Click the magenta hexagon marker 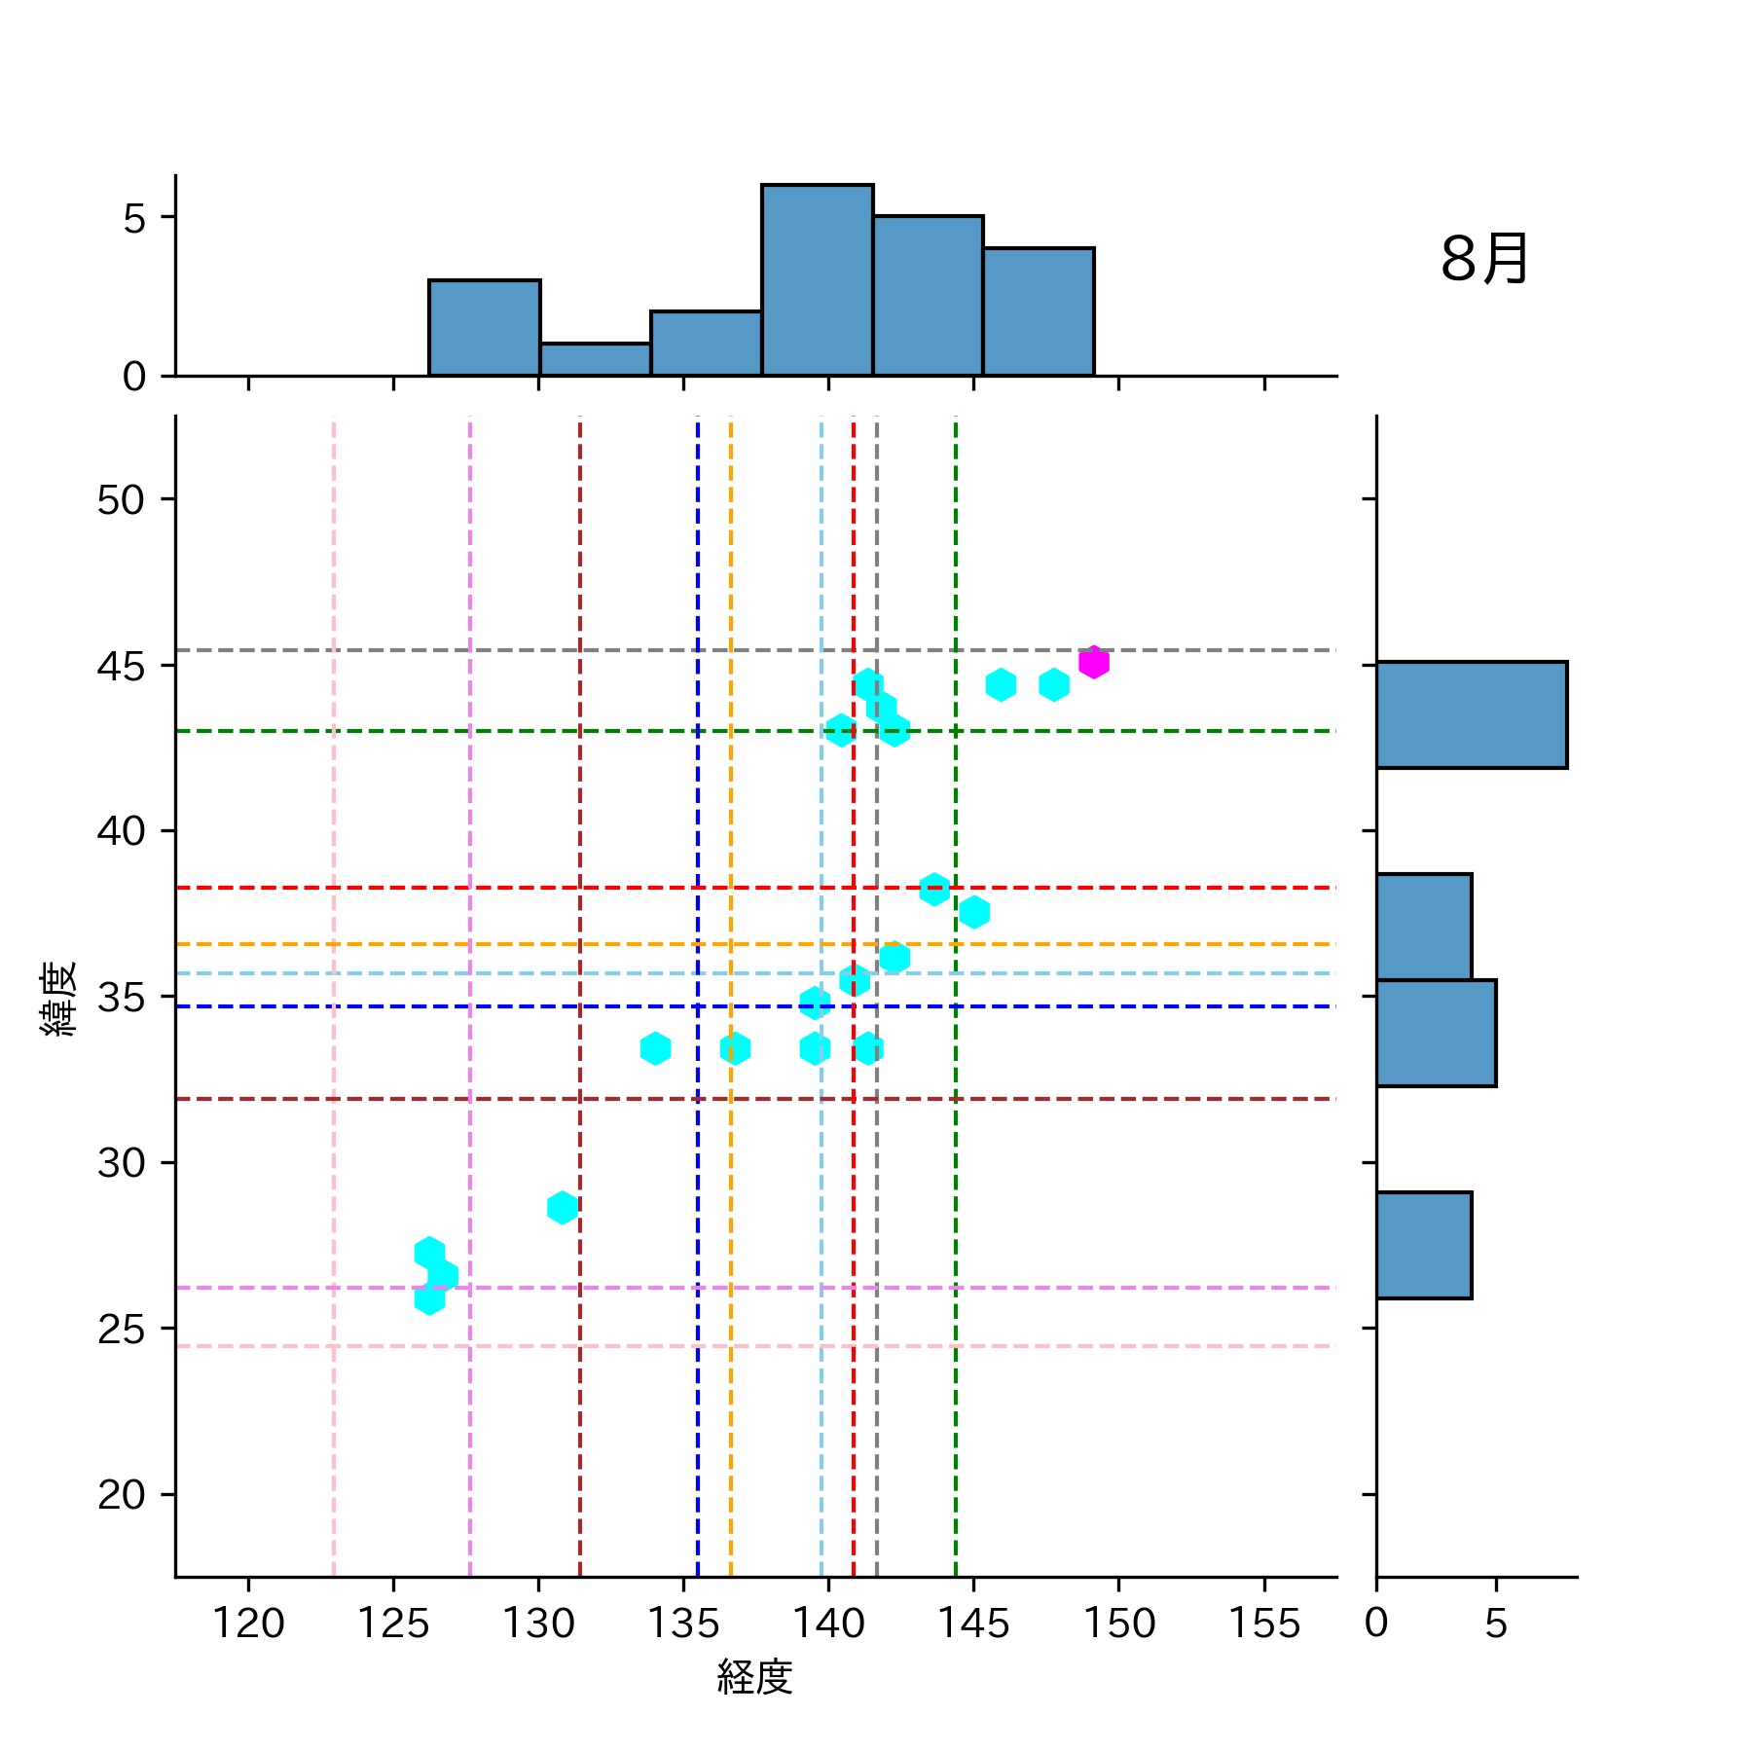(x=1093, y=662)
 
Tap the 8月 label (x=1483, y=260)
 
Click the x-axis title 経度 (x=754, y=1676)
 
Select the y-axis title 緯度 (x=58, y=999)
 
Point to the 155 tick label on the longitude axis (x=1263, y=1624)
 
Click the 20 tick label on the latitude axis (x=121, y=1494)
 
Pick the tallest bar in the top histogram (x=817, y=279)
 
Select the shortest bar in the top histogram (x=595, y=359)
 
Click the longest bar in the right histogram (x=1471, y=714)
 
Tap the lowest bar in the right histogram (x=1423, y=1245)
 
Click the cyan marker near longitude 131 (x=562, y=1208)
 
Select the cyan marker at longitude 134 (x=655, y=1048)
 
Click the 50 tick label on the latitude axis (x=121, y=499)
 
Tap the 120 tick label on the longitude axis (x=248, y=1624)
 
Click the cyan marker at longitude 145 (x=974, y=912)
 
